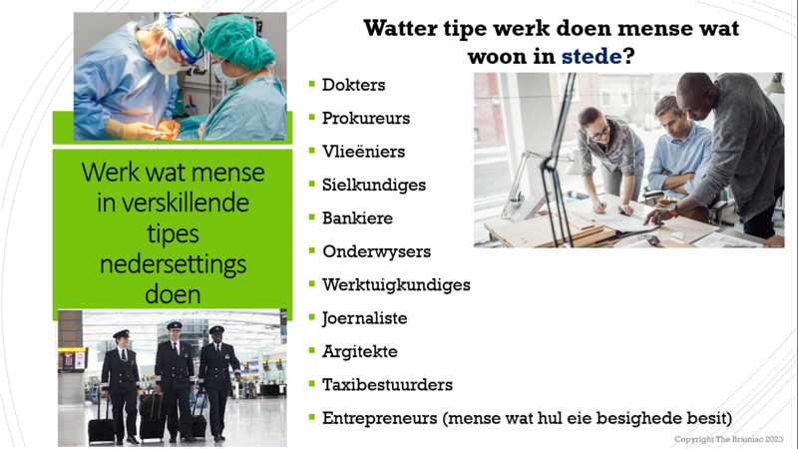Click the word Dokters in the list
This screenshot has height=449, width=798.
353,85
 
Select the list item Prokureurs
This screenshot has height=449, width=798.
366,118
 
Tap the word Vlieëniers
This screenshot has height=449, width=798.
363,152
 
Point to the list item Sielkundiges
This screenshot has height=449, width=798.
374,185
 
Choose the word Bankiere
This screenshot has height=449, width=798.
357,218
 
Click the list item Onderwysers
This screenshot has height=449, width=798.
377,251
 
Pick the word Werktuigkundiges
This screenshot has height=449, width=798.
396,284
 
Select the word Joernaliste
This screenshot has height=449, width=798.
364,318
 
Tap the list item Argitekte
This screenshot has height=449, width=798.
360,351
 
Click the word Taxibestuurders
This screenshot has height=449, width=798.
387,385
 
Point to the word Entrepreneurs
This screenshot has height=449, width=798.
380,418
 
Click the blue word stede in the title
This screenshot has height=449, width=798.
592,56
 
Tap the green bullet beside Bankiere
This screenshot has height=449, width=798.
312,218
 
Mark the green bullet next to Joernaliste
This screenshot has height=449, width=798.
312,317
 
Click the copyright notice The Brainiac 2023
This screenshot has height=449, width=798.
729,439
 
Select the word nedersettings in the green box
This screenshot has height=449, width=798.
173,264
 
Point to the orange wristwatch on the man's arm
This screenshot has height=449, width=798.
673,210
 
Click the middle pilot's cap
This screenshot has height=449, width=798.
174,325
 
